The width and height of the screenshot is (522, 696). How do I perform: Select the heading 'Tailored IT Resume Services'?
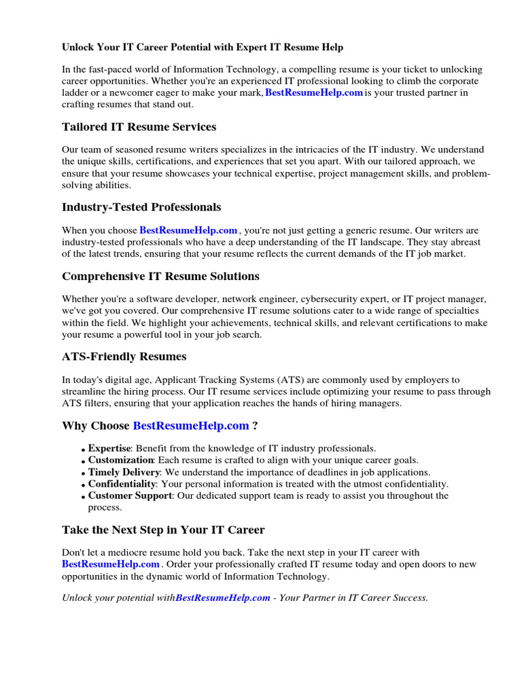pos(139,126)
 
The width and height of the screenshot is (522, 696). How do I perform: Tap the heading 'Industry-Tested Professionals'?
pos(141,207)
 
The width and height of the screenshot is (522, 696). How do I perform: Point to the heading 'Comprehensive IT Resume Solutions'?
pos(160,276)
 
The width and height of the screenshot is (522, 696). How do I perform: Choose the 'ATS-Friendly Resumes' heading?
pos(124,356)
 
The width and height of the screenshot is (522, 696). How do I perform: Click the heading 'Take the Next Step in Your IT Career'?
pos(163,529)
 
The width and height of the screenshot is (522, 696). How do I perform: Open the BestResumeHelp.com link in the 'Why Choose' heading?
pos(191,425)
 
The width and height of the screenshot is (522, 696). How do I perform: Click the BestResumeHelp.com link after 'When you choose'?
pos(188,230)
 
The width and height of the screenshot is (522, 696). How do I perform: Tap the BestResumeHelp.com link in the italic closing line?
pos(223,598)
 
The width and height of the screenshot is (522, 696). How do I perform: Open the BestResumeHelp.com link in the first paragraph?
pos(313,92)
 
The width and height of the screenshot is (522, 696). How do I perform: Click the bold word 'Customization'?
pos(120,460)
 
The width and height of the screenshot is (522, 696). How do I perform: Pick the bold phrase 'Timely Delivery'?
pos(124,472)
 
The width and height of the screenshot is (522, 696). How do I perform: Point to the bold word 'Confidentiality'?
pos(122,484)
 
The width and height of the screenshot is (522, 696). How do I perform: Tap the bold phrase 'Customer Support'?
pos(129,495)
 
